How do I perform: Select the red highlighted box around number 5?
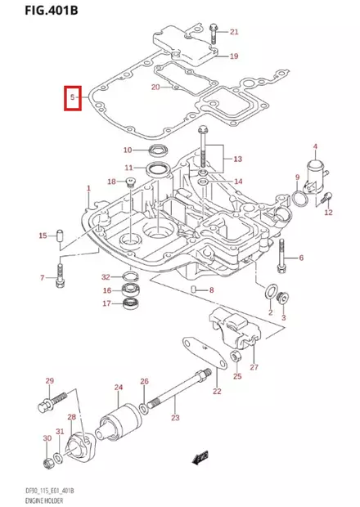73,98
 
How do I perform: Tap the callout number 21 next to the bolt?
234,32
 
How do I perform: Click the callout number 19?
233,56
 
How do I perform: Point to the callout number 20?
155,87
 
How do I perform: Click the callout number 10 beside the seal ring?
128,150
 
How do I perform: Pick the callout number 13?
238,158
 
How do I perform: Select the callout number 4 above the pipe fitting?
313,147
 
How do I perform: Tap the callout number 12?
328,213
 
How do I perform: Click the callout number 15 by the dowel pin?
43,236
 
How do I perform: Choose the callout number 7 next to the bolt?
42,279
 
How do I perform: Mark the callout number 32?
106,276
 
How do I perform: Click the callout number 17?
106,303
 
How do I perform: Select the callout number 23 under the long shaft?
174,418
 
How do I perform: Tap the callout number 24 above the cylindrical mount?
119,387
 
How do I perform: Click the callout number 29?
49,381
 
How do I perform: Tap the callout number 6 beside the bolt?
300,258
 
